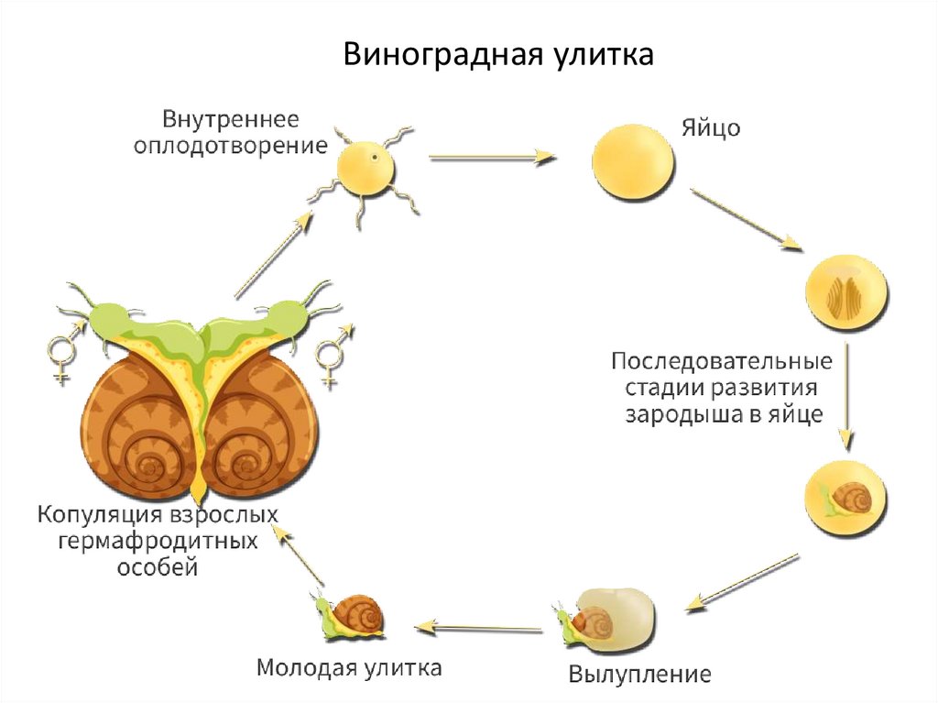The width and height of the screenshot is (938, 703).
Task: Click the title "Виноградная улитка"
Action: [499, 55]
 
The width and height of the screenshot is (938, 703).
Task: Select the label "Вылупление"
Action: [639, 676]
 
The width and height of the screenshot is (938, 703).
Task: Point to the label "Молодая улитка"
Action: [349, 666]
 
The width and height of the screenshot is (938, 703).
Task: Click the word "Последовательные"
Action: [722, 358]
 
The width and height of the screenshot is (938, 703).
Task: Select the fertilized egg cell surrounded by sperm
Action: [366, 168]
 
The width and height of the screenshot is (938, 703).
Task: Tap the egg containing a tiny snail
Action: [845, 500]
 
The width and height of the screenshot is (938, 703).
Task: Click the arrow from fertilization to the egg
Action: [493, 158]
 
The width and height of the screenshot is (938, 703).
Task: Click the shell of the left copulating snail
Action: [137, 431]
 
